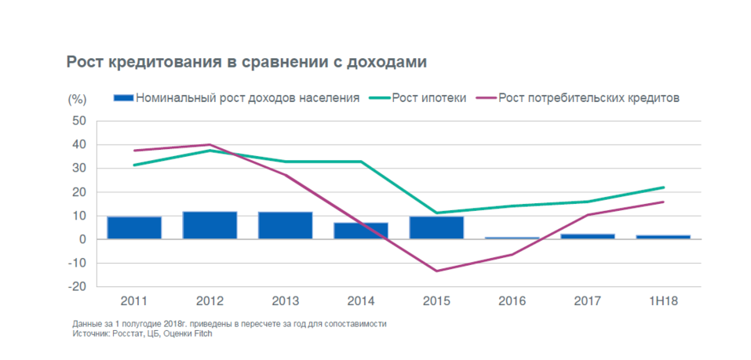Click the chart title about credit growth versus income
246,62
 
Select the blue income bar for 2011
134,227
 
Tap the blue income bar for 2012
210,225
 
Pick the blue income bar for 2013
285,225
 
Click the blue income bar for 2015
436,227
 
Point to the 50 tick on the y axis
78,121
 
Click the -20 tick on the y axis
76,287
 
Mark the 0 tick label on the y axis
82,239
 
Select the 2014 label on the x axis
360,301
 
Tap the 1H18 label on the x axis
663,301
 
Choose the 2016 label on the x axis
512,301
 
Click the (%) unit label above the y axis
76,99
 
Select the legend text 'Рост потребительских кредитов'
588,98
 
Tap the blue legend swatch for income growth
123,98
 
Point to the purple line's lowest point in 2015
436,271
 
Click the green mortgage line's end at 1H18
663,187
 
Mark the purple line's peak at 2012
210,144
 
